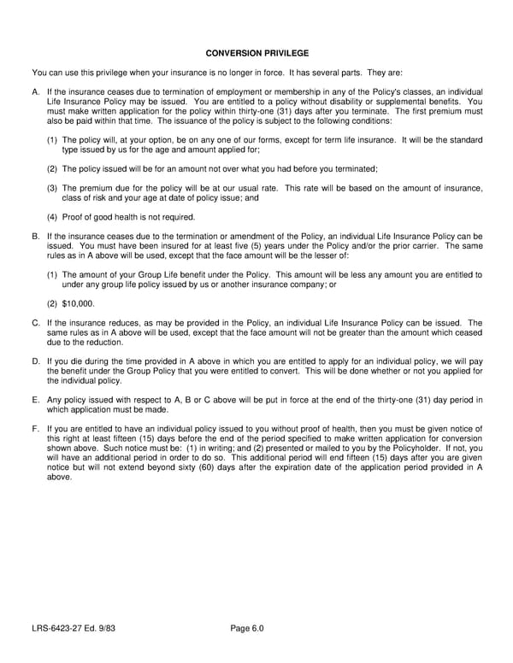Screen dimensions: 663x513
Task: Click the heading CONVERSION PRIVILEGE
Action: coord(257,53)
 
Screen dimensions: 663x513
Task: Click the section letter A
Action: coord(35,91)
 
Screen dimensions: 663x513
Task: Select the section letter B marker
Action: coord(35,235)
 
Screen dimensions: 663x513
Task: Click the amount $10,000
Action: coord(79,303)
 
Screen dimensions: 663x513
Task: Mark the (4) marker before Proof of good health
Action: coord(52,216)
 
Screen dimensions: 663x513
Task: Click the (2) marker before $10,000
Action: coord(52,303)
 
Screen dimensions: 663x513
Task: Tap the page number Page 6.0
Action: coord(247,630)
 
